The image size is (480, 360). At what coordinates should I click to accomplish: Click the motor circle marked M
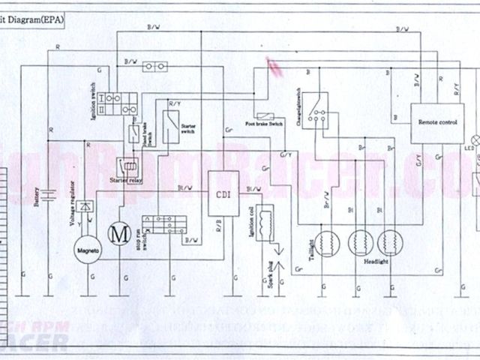coord(118,233)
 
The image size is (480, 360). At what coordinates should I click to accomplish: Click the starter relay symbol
coord(128,166)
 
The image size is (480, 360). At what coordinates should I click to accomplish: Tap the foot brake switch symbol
coord(265,115)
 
